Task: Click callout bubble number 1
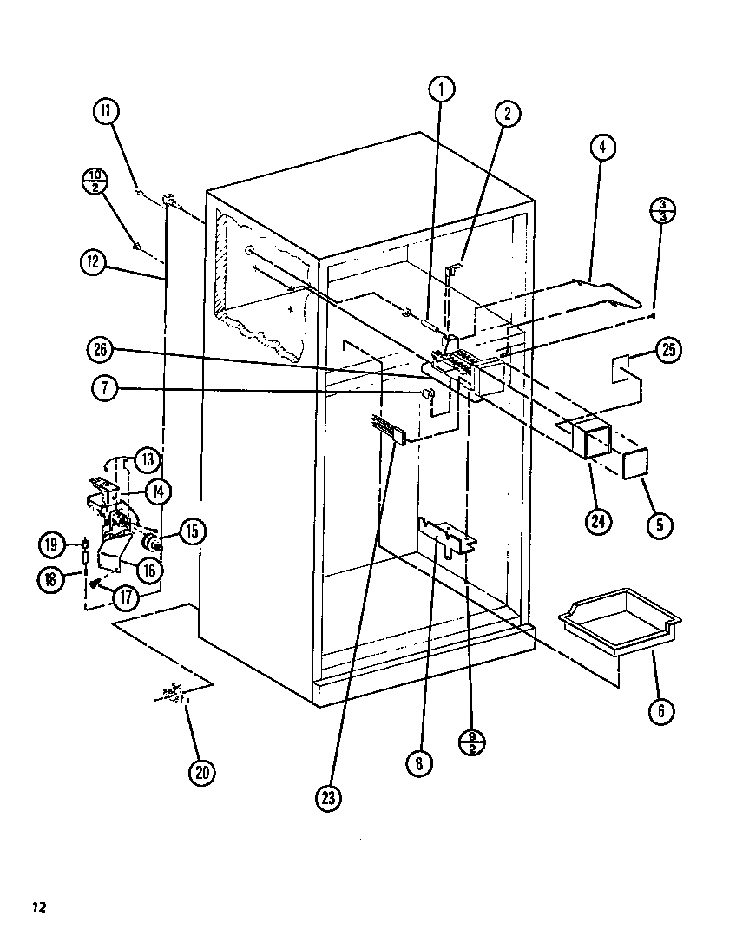pos(441,88)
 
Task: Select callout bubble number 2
pos(508,113)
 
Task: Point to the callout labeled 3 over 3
pos(662,210)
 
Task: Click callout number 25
pos(669,351)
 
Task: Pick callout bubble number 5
pos(661,524)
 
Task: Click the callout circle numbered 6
pos(661,710)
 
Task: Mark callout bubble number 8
pos(419,763)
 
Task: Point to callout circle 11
pos(108,111)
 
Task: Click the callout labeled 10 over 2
pos(94,181)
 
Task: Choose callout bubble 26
pos(102,349)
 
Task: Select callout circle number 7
pos(104,389)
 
